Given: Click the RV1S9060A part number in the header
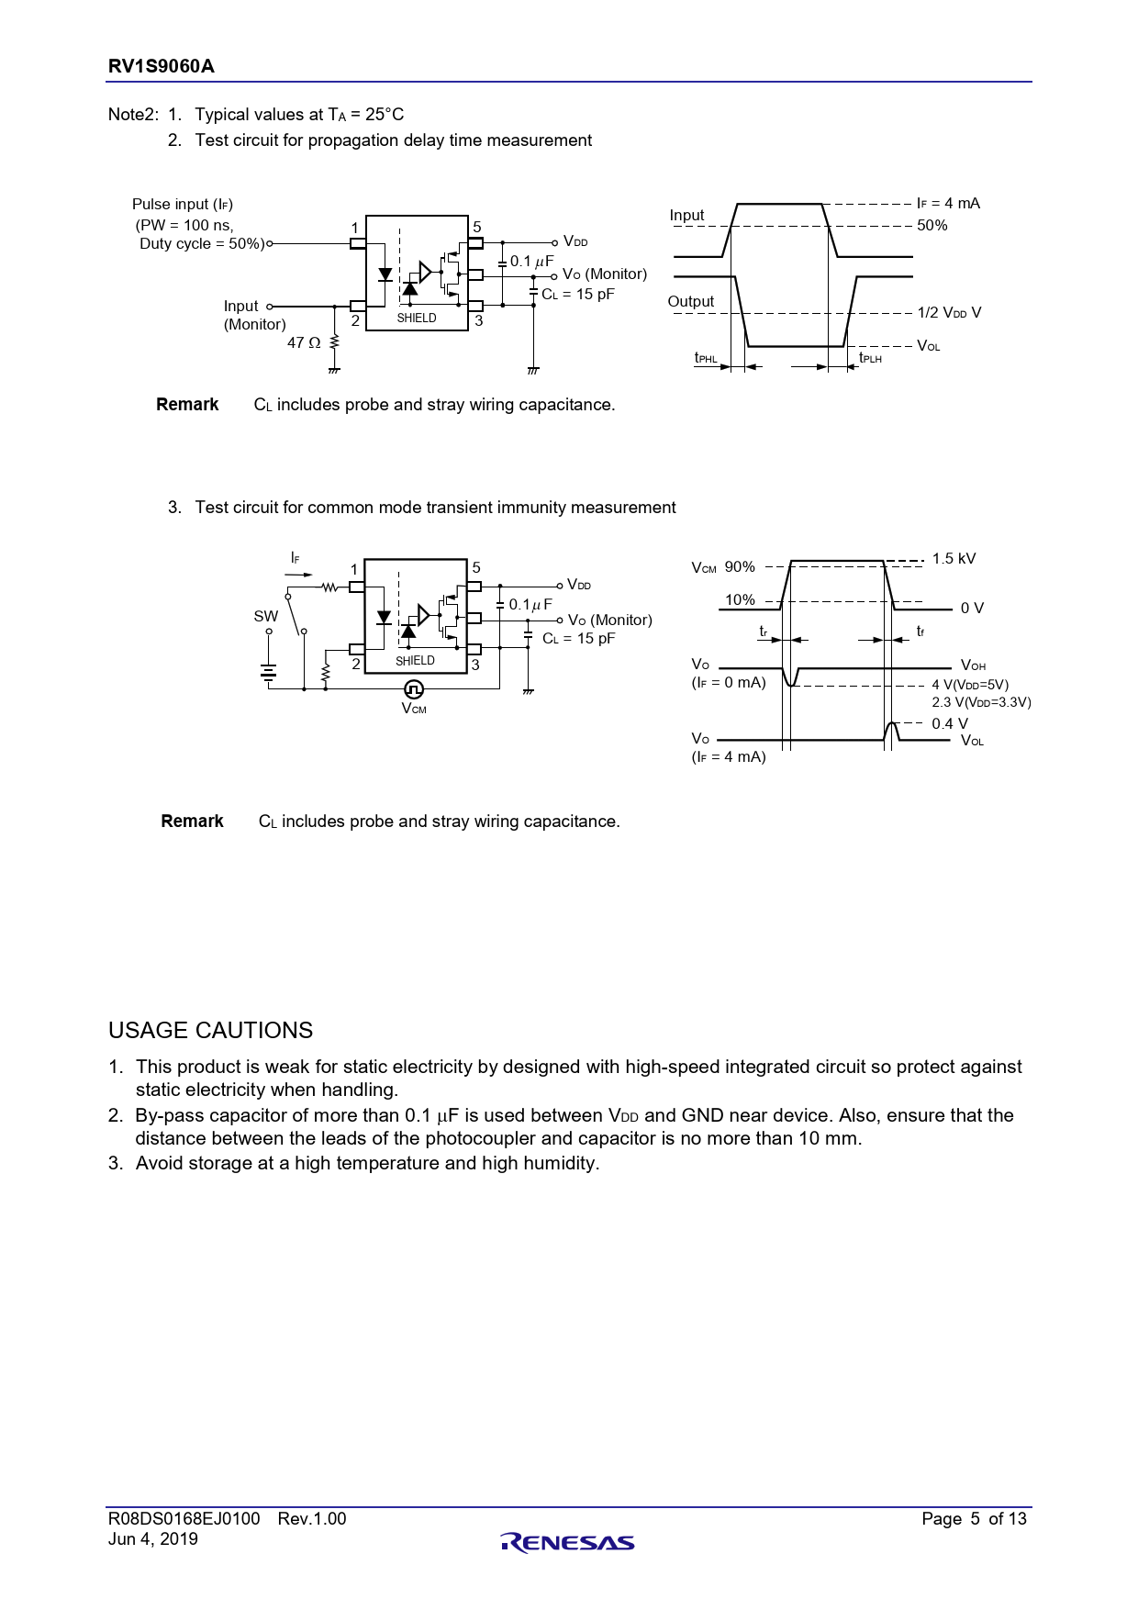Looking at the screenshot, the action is click(162, 66).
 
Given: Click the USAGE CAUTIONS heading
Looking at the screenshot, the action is click(211, 1031).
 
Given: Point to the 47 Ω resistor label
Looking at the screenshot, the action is click(304, 342).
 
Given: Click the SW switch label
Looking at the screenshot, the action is click(266, 617).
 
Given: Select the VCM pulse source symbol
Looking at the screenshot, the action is click(414, 688).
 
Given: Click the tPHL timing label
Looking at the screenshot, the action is click(706, 358).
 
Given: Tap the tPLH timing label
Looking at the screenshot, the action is click(870, 358).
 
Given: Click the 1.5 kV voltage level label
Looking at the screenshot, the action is click(954, 559).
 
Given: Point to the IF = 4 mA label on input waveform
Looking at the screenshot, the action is click(948, 203).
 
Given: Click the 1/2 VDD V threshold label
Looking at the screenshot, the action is click(949, 313).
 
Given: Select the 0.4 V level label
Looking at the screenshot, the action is click(950, 723).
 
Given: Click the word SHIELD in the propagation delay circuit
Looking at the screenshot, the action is click(417, 319).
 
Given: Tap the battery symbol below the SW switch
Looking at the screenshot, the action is click(268, 674).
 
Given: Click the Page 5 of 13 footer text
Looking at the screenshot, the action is click(974, 1519).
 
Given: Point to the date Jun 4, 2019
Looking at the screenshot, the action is click(153, 1539).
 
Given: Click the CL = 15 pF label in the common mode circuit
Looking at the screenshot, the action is click(578, 639).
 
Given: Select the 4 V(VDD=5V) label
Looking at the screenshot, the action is click(970, 685).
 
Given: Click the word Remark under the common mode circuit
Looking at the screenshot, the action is click(192, 822).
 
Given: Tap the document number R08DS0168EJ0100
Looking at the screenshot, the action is click(184, 1519).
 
